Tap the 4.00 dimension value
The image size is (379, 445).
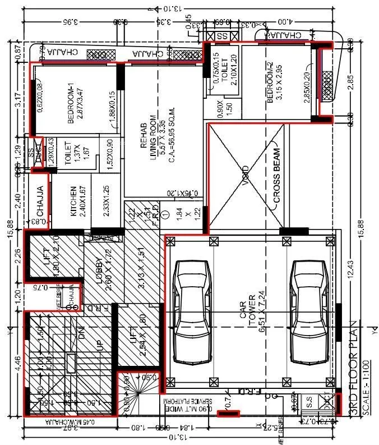pyautogui.click(x=288, y=22)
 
